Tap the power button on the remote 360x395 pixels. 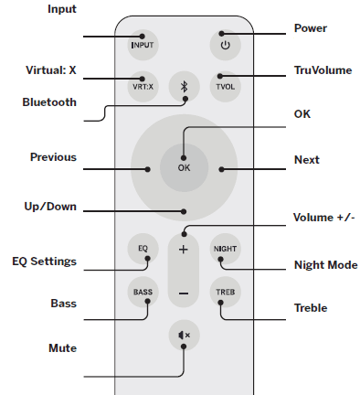225,44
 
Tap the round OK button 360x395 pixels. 184,167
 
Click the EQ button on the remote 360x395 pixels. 143,249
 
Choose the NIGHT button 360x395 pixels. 225,249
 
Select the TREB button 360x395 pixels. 225,294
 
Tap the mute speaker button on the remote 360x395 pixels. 184,336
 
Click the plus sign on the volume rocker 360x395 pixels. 184,250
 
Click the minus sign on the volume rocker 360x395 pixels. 184,294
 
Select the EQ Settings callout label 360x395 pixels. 44,262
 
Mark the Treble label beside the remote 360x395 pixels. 312,308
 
